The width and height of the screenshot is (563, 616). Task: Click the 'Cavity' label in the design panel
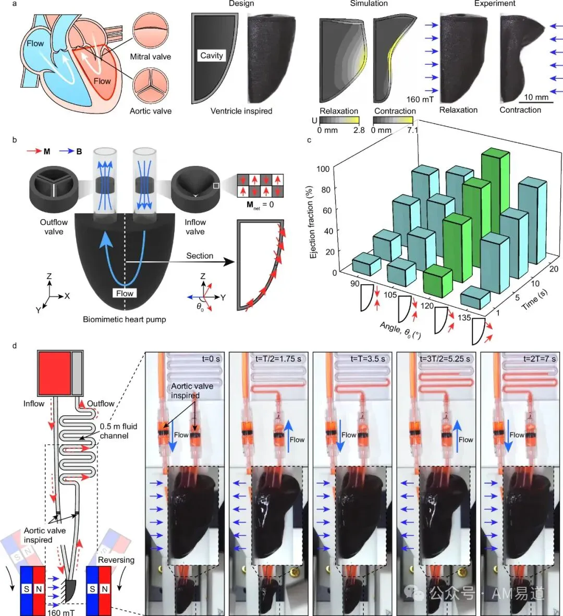click(212, 55)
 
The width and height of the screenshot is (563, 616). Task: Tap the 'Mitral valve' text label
click(150, 56)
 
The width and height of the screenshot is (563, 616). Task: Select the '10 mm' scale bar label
click(536, 97)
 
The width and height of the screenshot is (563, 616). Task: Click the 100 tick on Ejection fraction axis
click(323, 169)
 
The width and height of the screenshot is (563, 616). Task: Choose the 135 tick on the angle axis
click(464, 318)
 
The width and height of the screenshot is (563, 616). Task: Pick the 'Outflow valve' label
click(54, 227)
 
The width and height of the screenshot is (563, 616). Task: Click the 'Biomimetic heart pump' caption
click(125, 319)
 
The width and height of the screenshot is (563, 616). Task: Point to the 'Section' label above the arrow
click(200, 256)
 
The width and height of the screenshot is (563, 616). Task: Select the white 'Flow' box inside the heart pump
click(125, 293)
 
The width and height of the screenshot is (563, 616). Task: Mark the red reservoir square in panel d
click(55, 373)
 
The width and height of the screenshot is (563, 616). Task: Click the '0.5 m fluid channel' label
click(118, 431)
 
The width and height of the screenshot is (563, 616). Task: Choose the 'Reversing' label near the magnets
click(116, 560)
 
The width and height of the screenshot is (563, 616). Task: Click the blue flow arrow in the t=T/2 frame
click(289, 436)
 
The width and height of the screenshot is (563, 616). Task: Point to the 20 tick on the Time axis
click(554, 269)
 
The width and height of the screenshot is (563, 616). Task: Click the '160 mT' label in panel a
click(420, 100)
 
